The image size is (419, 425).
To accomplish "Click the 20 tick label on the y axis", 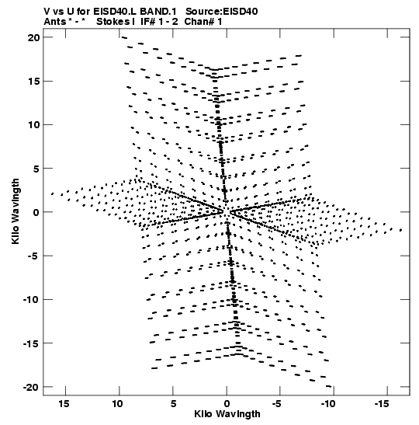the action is tap(33, 37).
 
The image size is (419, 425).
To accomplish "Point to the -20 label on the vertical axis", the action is tap(31, 388).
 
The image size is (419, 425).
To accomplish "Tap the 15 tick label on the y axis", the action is tap(33, 81).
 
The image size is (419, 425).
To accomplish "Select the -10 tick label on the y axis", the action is tap(31, 300).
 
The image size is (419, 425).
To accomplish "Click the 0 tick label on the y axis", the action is tap(36, 212).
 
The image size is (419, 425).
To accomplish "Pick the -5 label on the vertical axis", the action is tap(34, 256).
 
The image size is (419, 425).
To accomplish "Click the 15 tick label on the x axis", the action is tap(64, 404).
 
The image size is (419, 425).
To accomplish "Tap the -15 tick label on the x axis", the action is tap(382, 404).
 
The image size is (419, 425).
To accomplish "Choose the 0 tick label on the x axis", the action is tap(227, 404).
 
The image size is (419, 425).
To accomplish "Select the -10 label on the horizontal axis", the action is tap(328, 404).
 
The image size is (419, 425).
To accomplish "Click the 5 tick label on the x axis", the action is tap(173, 404).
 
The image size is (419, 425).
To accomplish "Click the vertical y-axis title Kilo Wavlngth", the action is tap(16, 211).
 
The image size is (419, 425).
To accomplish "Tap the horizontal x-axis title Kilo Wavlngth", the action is tap(227, 414).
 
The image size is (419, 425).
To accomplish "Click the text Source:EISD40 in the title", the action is tap(221, 12).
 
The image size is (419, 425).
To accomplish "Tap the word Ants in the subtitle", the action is tap(54, 22).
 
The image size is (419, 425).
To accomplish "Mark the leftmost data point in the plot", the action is tap(52, 193).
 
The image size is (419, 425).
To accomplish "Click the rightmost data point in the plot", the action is tap(401, 230).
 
